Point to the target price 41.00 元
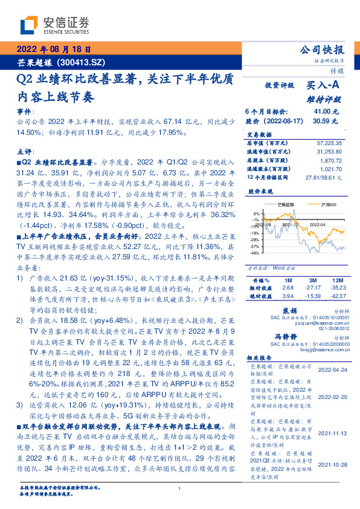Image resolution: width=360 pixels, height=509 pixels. tap(326, 112)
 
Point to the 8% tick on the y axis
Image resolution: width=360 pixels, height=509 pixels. tap(256, 213)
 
